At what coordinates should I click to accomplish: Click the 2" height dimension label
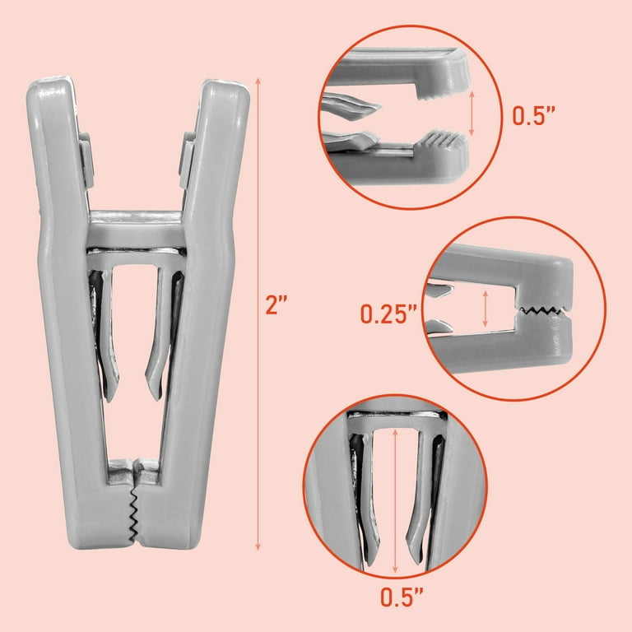[x=276, y=304]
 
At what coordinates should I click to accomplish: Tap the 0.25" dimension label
[x=388, y=314]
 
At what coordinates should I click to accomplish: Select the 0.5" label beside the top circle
[x=533, y=116]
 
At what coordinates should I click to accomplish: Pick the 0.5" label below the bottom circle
[x=402, y=597]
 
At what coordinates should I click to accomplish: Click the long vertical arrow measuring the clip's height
[x=258, y=314]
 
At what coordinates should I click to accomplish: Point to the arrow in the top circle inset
[x=472, y=114]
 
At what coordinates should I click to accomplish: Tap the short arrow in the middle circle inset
[x=486, y=309]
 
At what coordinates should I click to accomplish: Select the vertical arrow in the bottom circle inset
[x=395, y=500]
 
